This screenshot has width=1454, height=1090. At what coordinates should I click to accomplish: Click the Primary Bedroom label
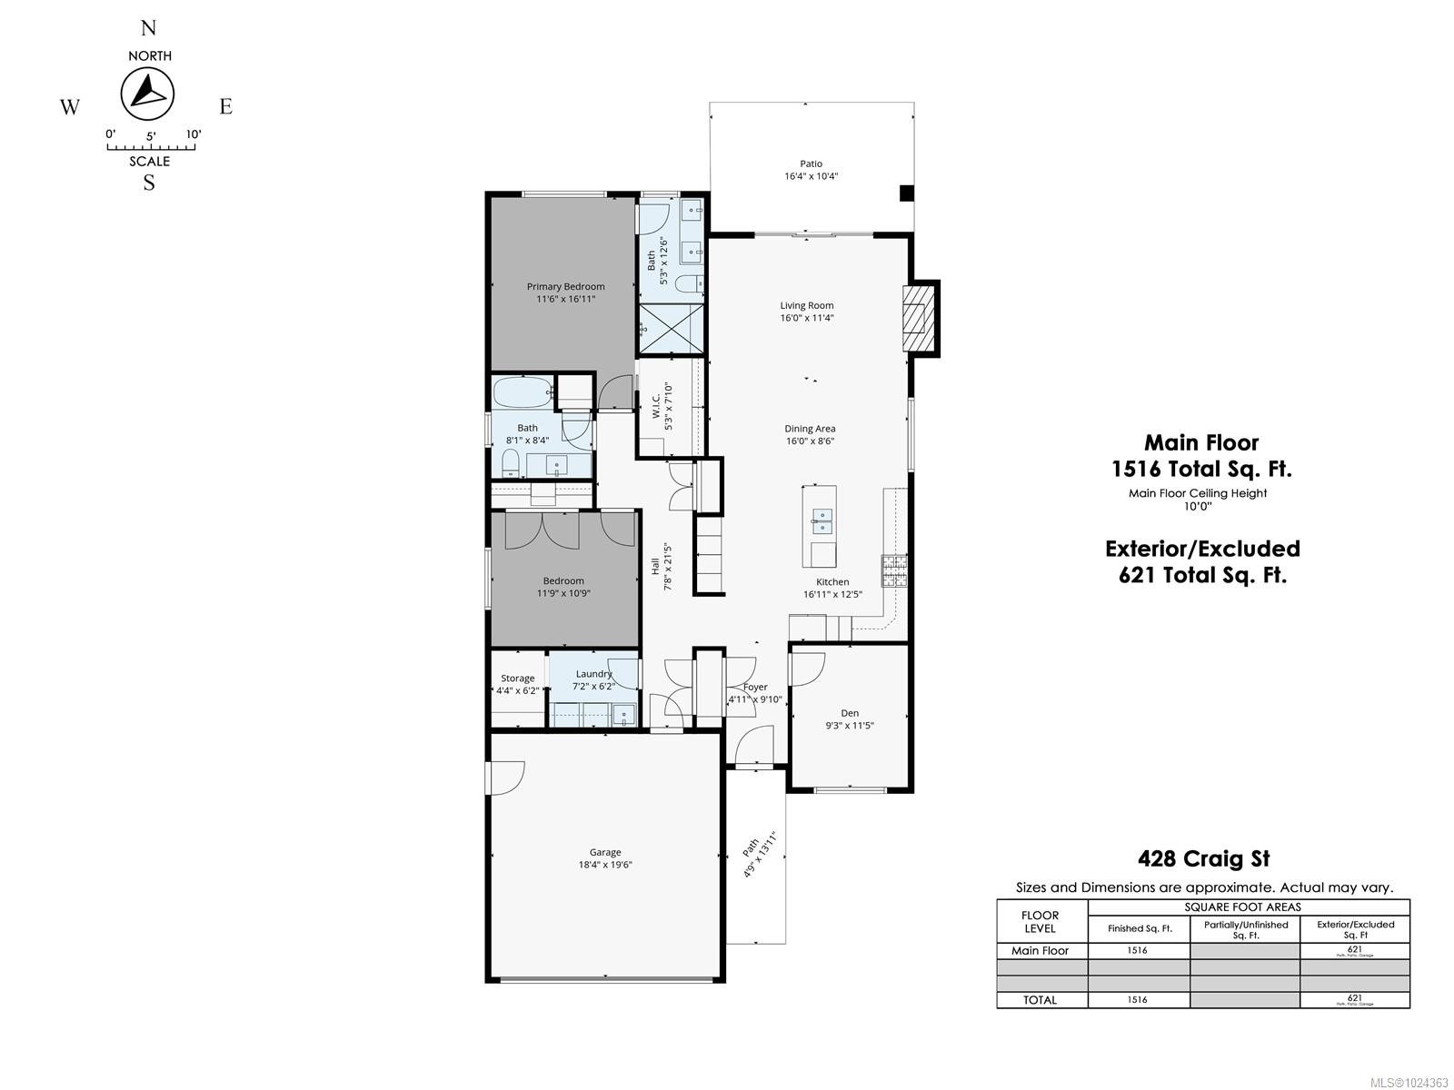[565, 286]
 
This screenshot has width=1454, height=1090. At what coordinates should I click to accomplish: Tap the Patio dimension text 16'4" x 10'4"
[811, 176]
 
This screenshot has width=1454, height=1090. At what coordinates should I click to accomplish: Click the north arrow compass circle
[147, 94]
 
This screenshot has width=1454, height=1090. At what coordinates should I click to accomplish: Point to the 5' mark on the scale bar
[150, 136]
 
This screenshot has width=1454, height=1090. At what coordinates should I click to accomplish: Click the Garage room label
[604, 852]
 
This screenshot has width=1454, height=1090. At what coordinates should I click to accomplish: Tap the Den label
[849, 713]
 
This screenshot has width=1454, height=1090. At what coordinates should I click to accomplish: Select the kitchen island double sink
[822, 520]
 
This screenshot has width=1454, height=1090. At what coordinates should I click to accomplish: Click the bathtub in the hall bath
[522, 394]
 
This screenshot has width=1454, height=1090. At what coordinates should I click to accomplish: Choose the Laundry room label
[593, 674]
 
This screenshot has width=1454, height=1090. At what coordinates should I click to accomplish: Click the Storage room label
[517, 679]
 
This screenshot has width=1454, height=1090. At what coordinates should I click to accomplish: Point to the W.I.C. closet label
[655, 405]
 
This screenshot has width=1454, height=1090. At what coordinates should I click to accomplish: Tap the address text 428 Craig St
[1203, 858]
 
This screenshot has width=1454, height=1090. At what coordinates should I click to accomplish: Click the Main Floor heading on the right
[1200, 443]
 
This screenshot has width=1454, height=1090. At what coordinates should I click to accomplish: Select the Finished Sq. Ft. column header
[1139, 928]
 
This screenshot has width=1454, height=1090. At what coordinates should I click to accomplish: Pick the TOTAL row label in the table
[1040, 999]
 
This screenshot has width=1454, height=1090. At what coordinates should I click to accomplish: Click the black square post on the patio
[906, 193]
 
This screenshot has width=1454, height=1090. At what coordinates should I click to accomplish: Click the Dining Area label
[810, 429]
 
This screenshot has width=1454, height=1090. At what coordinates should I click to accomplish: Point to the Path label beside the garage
[751, 847]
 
